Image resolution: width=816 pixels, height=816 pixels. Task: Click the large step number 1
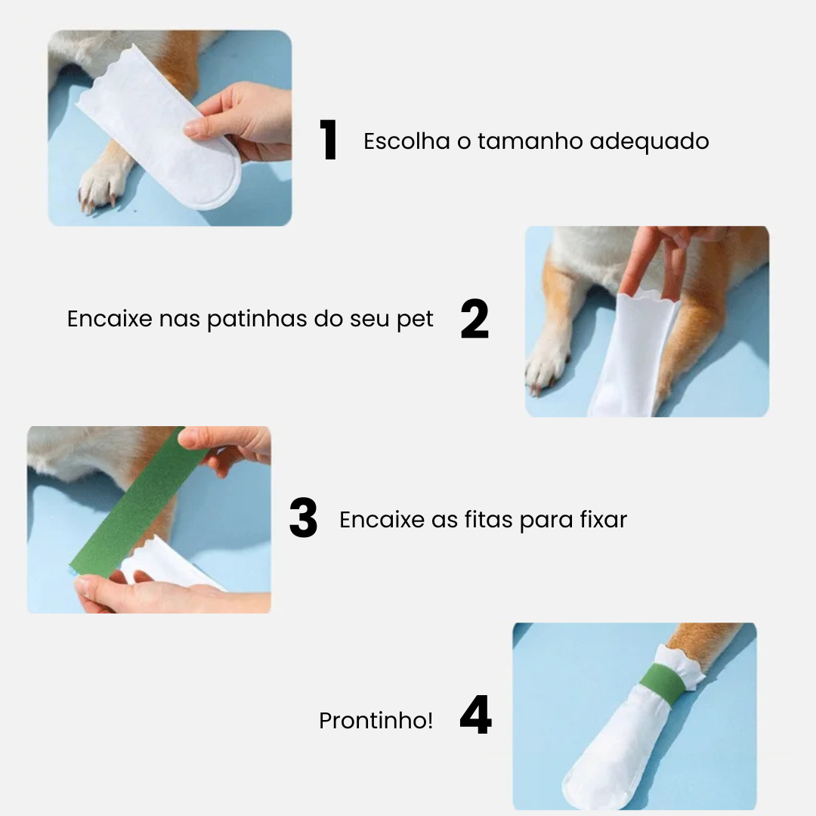click(x=329, y=141)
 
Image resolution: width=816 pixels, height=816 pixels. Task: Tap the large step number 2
click(x=474, y=320)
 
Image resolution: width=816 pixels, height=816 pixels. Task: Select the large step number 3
click(x=303, y=519)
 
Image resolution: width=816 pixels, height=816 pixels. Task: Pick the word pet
click(x=415, y=320)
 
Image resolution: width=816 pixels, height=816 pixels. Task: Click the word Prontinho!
click(x=376, y=721)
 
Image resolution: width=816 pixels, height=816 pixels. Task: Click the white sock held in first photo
click(x=162, y=125)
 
